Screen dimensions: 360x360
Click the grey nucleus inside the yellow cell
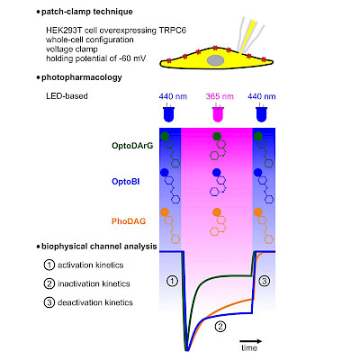pos(215,60)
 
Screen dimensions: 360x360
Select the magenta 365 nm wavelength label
pos(220,96)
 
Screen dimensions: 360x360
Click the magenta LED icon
pos(219,113)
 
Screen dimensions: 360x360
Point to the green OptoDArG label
pos(132,146)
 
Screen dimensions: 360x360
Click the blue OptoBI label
pos(126,182)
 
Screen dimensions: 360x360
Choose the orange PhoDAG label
pos(129,221)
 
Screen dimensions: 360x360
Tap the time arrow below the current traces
pos(250,341)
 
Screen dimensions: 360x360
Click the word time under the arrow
pos(249,348)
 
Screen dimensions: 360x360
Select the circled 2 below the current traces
pos(220,326)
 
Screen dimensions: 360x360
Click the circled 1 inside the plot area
pos(172,282)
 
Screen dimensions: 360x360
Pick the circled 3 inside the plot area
pos(265,282)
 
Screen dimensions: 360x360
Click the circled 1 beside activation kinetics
pos(49,265)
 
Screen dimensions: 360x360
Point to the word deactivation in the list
pos(75,302)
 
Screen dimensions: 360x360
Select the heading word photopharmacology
pos(82,77)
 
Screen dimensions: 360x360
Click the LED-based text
pos(67,96)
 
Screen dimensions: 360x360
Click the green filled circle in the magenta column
pos(217,137)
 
